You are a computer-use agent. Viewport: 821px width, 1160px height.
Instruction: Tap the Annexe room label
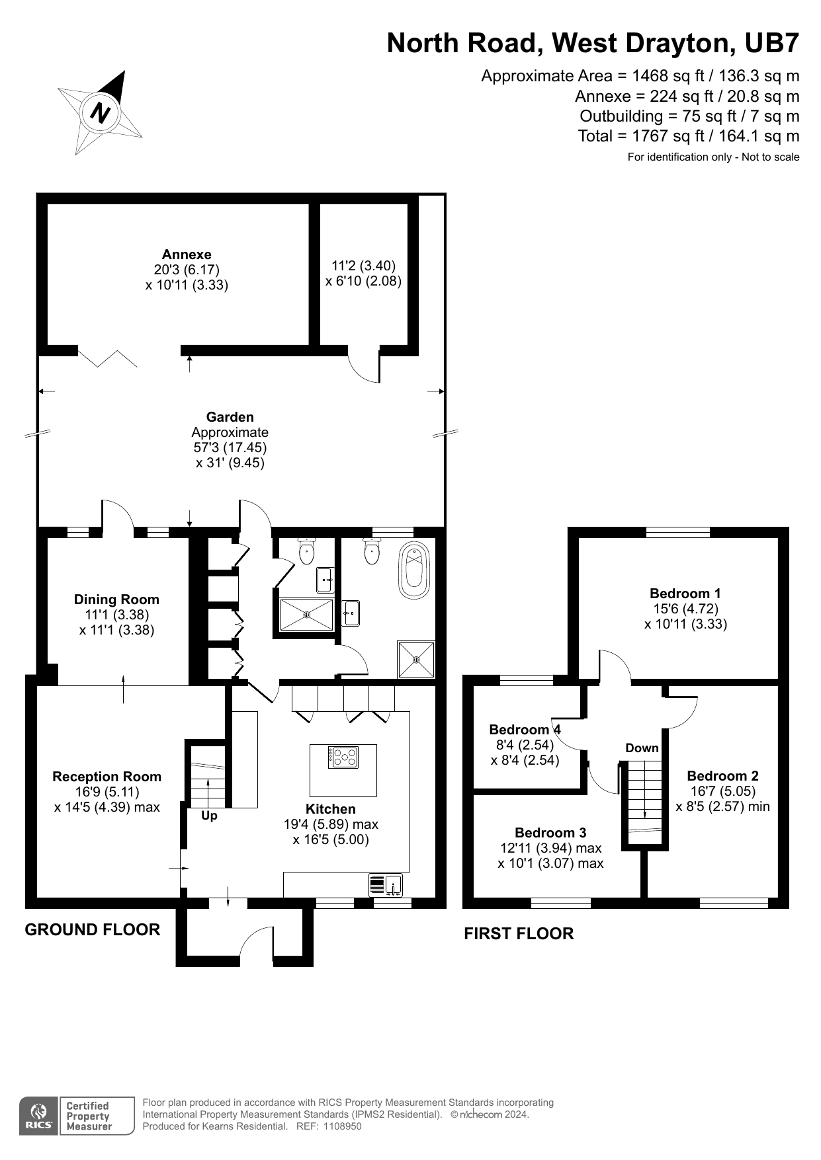tap(187, 254)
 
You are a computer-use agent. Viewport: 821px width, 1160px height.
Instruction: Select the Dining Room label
tap(116, 599)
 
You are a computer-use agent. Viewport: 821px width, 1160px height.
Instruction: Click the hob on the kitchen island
tap(343, 756)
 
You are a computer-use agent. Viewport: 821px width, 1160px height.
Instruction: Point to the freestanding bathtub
tap(415, 570)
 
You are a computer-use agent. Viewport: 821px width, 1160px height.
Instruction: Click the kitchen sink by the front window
tap(394, 886)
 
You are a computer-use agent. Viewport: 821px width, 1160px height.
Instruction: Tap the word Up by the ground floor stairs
tap(209, 816)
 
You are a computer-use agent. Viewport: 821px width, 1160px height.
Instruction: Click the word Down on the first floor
tap(642, 748)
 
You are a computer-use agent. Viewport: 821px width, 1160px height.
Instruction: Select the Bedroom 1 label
tap(685, 593)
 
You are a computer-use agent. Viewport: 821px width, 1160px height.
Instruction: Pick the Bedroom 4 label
tap(525, 730)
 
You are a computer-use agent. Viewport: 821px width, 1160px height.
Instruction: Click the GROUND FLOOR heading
tap(93, 930)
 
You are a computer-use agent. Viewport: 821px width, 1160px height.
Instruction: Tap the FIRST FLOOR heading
tap(519, 934)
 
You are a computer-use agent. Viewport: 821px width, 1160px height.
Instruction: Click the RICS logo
tap(39, 1116)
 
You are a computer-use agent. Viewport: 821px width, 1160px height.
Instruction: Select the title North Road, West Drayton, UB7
tap(593, 43)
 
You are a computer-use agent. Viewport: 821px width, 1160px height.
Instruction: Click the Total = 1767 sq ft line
tap(688, 136)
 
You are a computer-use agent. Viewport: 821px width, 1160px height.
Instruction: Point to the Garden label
tap(230, 417)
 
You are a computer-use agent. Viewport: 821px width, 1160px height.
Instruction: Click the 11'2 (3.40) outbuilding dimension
tap(363, 266)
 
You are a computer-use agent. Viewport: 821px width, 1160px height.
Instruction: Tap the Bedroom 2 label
tap(722, 776)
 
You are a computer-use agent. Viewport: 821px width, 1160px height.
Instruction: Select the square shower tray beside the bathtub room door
tap(416, 659)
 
